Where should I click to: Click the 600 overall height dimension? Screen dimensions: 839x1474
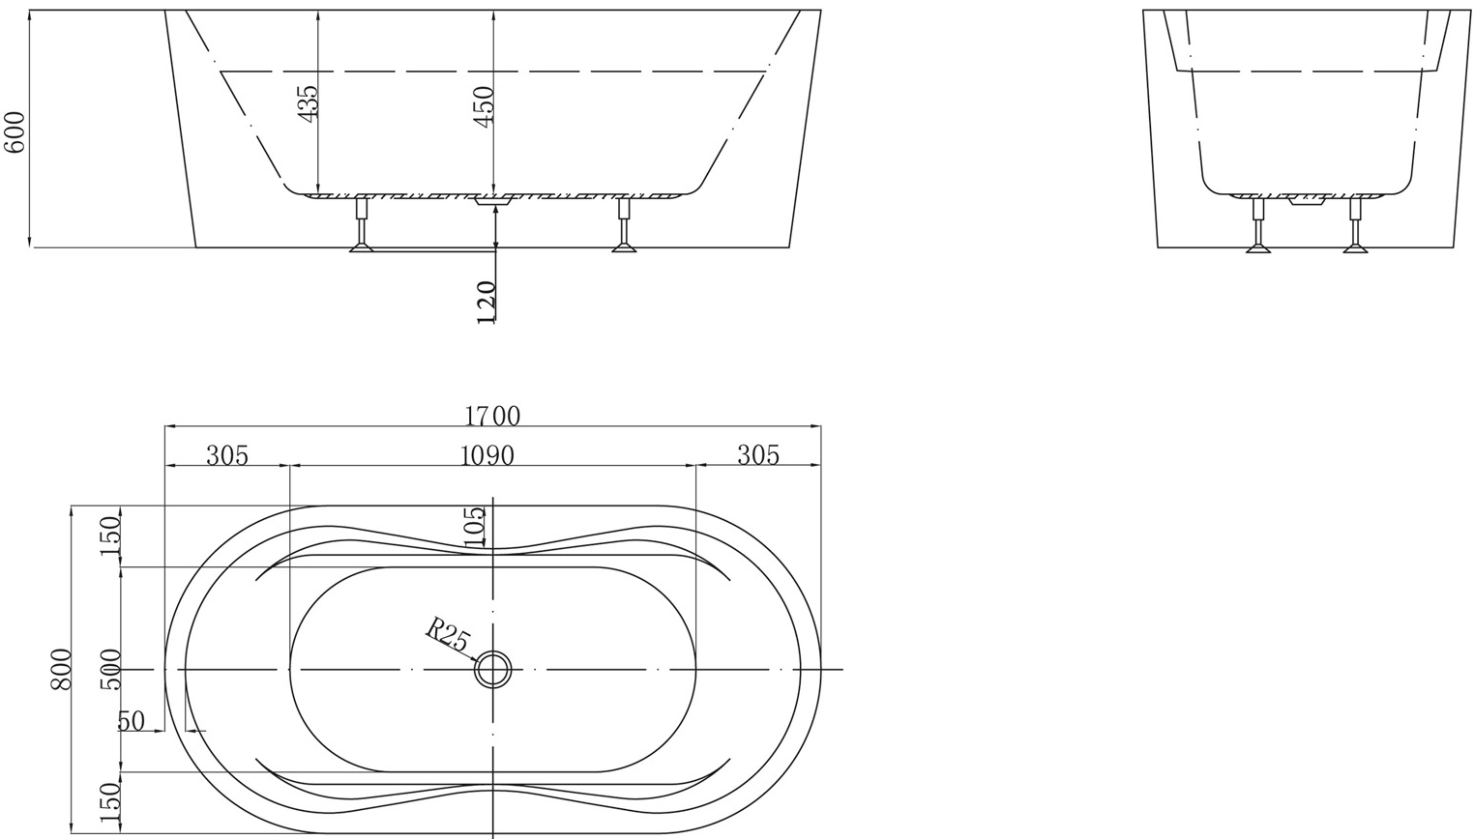pos(15,131)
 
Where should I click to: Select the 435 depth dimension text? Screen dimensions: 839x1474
pos(308,102)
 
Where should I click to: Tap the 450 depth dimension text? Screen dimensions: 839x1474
pos(484,104)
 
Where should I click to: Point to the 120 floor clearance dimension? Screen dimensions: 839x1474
pos(486,302)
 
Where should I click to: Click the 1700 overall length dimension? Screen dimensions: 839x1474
pos(492,417)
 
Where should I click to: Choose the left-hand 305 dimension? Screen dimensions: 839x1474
pos(227,455)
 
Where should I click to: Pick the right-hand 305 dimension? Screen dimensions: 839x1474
pos(758,455)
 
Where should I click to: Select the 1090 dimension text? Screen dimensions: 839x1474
pos(486,455)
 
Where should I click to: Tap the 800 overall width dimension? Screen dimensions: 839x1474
pos(61,669)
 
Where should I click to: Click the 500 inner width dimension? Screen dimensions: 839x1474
pos(110,669)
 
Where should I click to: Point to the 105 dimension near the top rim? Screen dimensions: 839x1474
pos(474,527)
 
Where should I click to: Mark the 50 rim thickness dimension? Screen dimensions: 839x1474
pos(131,721)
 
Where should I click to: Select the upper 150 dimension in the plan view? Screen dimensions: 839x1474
pos(110,535)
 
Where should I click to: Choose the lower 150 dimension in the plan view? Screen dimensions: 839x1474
pos(110,801)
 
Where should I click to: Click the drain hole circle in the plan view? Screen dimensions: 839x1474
pos(493,669)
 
